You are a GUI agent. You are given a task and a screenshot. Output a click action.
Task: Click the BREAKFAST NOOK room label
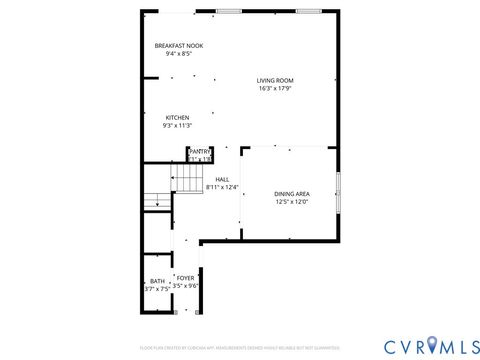177,46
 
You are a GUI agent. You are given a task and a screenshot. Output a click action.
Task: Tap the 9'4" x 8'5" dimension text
177,54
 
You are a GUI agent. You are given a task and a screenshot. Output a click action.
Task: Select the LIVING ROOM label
274,80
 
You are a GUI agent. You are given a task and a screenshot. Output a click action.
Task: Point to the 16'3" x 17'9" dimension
274,88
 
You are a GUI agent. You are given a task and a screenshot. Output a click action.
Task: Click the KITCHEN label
177,117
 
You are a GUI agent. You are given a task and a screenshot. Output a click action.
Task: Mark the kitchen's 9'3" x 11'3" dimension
177,125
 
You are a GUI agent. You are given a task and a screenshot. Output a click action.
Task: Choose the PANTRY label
200,151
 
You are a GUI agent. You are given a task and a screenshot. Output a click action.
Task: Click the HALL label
222,179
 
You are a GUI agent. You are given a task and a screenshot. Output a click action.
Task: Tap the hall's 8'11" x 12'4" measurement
222,187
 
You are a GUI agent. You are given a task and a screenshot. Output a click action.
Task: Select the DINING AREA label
291,193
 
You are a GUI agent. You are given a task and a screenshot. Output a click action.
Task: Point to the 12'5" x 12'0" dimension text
291,201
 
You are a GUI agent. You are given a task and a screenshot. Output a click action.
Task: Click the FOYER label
186,277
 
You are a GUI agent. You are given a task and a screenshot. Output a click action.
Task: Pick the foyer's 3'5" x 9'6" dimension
186,285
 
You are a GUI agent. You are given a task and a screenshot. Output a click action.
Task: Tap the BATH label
157,281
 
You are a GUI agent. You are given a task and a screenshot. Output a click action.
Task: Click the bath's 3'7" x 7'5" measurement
157,289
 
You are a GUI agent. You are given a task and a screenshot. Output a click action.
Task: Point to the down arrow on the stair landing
156,203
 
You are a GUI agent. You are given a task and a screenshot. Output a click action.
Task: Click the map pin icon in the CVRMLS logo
433,344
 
